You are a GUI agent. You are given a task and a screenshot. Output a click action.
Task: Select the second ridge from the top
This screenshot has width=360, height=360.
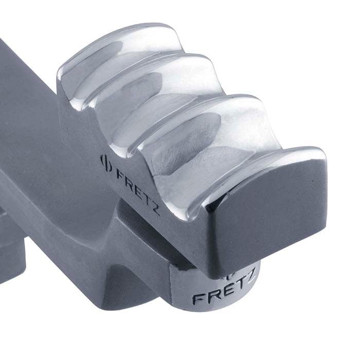click(x=154, y=77)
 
